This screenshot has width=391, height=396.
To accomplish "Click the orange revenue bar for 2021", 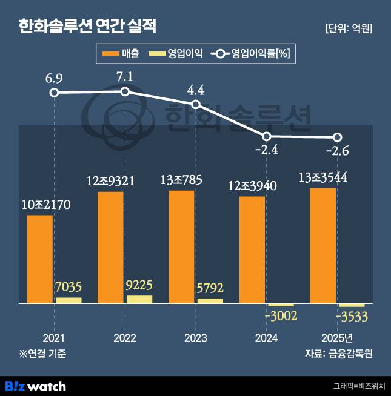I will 40,259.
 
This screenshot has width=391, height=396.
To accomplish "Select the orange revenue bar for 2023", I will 181,246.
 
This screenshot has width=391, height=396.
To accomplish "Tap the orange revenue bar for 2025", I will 322,245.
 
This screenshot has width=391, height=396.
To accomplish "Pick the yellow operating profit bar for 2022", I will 139,299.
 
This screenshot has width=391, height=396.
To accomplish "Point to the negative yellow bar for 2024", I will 281,305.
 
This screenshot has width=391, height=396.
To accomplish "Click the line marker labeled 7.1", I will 125,91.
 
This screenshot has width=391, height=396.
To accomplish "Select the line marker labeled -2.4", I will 266,136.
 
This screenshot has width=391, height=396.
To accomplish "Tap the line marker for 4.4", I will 196,104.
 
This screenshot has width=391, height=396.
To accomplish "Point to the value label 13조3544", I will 322,177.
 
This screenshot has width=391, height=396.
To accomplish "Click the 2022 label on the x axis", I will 124,337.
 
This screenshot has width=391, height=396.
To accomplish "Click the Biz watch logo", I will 35,386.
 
